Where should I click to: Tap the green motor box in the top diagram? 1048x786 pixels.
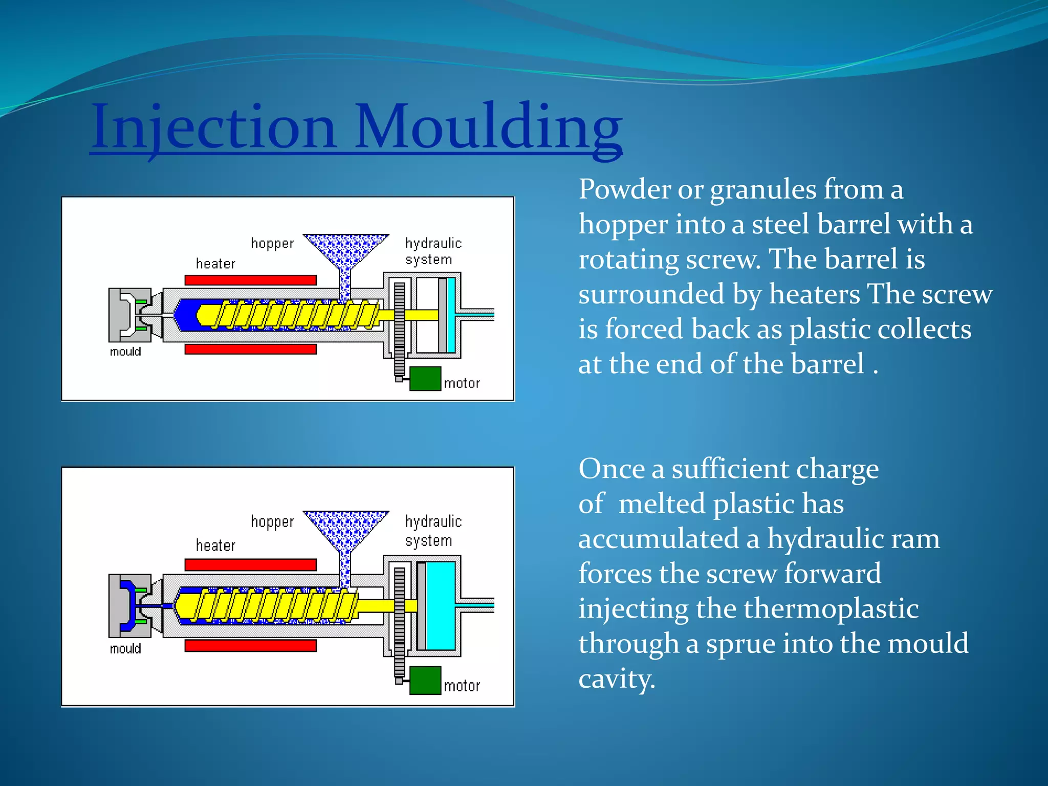click(x=425, y=379)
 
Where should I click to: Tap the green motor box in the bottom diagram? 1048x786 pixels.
click(x=425, y=680)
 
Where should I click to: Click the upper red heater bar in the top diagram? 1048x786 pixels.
click(x=250, y=280)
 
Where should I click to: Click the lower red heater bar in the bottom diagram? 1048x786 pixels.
click(x=250, y=646)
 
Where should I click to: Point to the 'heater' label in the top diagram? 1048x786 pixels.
click(x=215, y=264)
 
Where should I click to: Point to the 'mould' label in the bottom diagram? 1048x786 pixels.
click(x=125, y=649)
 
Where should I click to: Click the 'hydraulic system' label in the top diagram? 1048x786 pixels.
click(x=433, y=251)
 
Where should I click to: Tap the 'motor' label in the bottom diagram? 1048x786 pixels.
click(x=462, y=686)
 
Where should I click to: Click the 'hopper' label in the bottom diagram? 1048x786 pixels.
click(x=272, y=522)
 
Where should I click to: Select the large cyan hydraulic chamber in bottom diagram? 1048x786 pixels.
click(x=441, y=605)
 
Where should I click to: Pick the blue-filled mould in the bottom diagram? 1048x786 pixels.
click(x=128, y=605)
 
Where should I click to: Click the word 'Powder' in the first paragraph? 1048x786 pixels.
click(x=624, y=189)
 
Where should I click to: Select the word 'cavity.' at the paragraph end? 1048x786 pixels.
click(x=617, y=679)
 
